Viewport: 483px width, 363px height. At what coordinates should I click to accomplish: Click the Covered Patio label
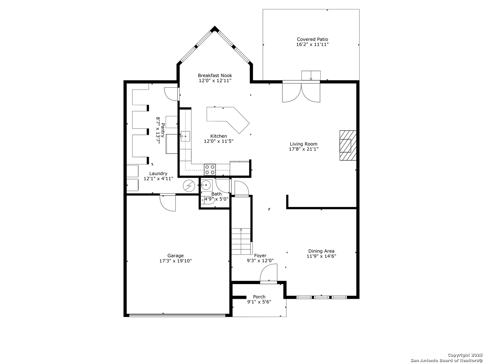point(312,39)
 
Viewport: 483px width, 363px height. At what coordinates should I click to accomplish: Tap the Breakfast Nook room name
point(215,75)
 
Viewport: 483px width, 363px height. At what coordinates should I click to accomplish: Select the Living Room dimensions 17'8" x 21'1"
point(304,149)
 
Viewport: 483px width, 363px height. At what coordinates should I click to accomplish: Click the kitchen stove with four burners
point(210,170)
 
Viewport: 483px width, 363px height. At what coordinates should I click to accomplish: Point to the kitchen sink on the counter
point(185,136)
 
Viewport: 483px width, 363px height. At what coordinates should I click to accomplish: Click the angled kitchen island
point(228,119)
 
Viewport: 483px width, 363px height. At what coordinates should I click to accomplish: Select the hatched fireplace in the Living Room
point(348,146)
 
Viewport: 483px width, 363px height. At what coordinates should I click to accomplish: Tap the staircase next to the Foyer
point(241,241)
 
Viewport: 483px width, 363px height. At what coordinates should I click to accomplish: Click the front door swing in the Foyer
point(268,273)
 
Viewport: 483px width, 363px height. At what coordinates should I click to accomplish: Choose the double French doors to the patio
point(301,92)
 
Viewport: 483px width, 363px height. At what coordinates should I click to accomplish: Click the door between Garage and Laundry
point(168,203)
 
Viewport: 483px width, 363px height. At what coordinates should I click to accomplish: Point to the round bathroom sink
point(206,185)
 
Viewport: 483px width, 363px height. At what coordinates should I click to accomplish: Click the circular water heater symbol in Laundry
point(189,186)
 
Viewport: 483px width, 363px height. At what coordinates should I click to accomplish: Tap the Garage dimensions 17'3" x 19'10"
point(175,261)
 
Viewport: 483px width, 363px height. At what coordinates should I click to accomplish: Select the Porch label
point(259,297)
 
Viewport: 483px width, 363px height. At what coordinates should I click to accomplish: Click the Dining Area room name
point(321,251)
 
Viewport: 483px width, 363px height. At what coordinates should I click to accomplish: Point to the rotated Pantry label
point(163,130)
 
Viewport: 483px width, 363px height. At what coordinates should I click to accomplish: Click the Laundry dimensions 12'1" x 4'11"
point(158,178)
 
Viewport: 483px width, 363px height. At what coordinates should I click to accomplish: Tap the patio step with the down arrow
point(311,76)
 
